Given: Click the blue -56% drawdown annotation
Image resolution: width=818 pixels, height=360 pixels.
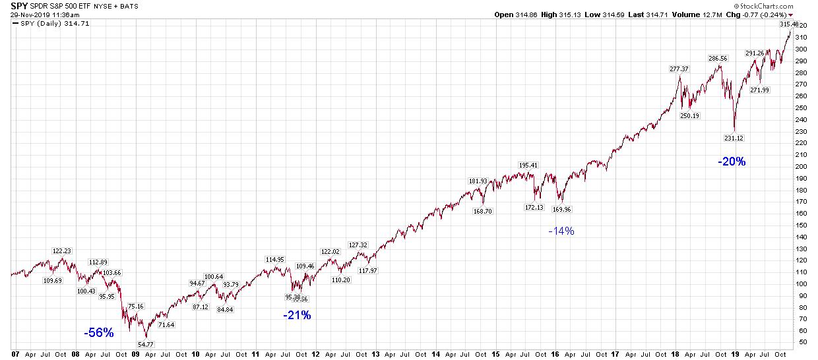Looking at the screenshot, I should click(99, 333).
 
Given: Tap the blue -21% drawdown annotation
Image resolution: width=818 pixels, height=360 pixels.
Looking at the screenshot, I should click(297, 315).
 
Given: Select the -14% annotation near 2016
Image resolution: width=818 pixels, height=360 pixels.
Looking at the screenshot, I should click(561, 231).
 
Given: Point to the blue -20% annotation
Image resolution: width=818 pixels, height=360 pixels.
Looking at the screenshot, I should click(732, 162).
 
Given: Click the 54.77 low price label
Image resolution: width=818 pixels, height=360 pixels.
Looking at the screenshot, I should click(145, 344).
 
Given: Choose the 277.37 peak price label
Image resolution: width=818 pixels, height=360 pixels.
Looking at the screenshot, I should click(679, 69).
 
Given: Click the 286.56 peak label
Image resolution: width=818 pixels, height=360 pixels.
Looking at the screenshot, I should click(717, 59).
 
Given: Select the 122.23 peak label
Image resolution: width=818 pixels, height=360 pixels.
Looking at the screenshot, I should click(63, 251).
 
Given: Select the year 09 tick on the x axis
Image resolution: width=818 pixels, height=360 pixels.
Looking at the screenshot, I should click(135, 354).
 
